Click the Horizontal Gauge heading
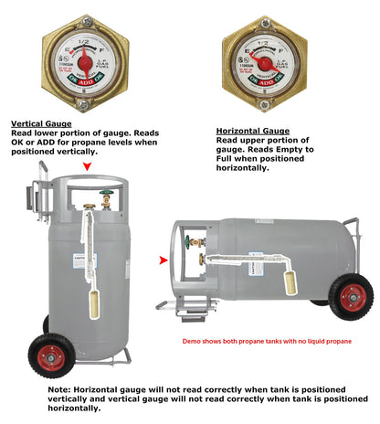pos(252,131)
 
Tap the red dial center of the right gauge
pos(266,61)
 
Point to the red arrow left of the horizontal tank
pos(164,260)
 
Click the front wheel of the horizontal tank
pos(350,298)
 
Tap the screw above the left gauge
pos(83,19)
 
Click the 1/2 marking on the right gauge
pos(266,37)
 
